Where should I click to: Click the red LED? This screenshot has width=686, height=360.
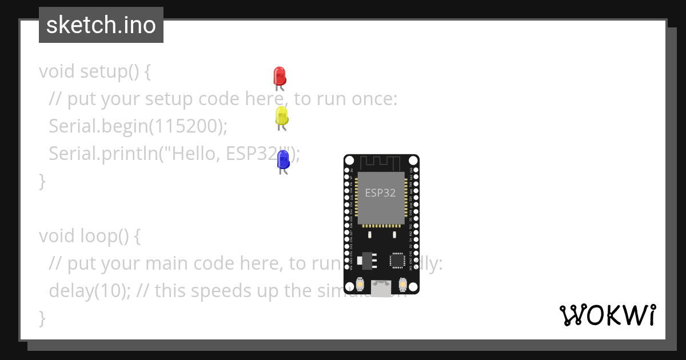point(280,76)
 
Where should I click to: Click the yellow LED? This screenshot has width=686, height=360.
point(281,116)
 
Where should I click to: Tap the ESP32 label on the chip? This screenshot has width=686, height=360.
point(380,193)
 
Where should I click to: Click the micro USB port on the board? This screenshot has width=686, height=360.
point(381,289)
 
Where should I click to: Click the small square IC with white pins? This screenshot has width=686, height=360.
point(397,261)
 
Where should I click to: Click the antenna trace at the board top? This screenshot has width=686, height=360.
point(381,161)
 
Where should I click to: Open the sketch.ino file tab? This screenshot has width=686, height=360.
point(101,25)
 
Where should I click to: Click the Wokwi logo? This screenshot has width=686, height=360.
point(607,315)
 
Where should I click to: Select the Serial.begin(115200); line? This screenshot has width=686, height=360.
point(138,126)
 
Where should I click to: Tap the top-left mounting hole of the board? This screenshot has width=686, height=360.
point(349,160)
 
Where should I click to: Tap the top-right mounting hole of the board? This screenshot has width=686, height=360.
point(414,160)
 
